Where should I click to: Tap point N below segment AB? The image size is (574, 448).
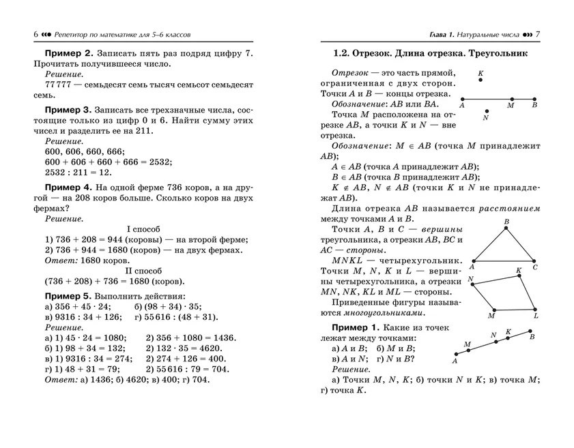pyautogui.click(x=485, y=110)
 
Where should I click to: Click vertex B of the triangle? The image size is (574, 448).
pyautogui.click(x=506, y=226)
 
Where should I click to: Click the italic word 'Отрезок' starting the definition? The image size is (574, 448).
pyautogui.click(x=350, y=72)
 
